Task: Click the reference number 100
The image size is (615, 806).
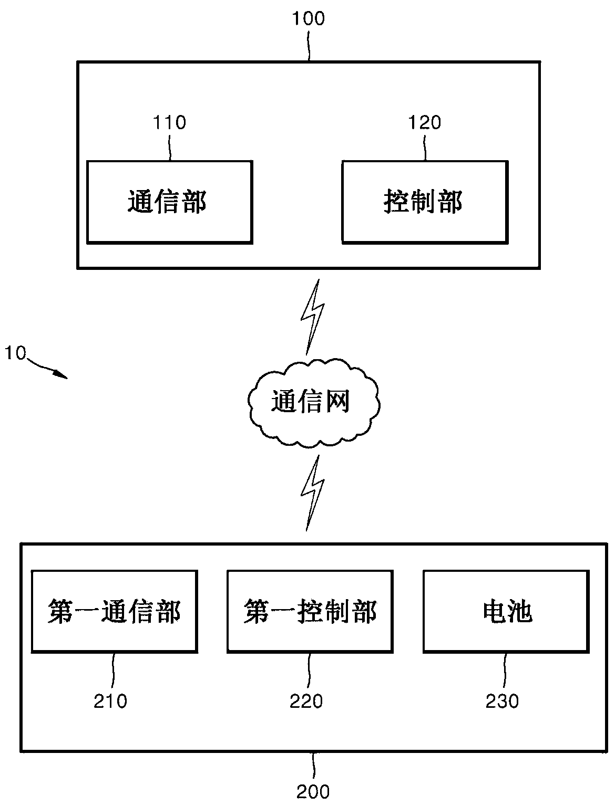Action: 309,18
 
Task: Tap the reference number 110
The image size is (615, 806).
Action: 169,122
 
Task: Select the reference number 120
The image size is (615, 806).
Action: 425,122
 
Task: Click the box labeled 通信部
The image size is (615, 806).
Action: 169,202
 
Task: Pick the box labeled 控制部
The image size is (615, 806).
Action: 425,202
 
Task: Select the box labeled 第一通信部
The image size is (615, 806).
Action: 115,612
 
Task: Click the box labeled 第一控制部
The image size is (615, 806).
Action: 310,612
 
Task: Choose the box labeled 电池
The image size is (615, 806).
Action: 506,612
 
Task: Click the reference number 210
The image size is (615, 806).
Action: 110,701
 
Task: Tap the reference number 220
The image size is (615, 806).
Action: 306,701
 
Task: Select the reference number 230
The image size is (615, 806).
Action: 502,701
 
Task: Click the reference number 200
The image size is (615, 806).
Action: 313,791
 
